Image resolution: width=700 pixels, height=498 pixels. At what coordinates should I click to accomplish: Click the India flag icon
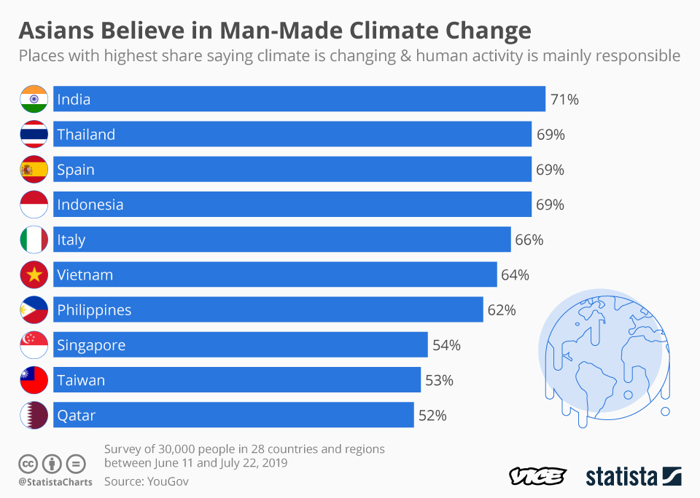(x=34, y=99)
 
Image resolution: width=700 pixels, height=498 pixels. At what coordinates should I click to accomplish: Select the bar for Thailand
(x=292, y=134)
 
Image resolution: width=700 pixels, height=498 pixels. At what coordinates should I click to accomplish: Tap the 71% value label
(x=564, y=100)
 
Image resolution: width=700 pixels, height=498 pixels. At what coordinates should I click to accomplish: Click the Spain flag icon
(x=34, y=170)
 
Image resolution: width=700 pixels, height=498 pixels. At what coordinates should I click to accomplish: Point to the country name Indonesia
(x=90, y=205)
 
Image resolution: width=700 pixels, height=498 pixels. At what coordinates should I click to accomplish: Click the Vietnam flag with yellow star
(x=34, y=274)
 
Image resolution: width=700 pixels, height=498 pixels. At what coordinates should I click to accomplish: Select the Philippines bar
(x=268, y=309)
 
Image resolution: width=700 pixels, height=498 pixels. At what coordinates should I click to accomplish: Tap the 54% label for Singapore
(x=446, y=345)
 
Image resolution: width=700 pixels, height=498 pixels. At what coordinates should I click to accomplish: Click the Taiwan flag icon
(x=34, y=380)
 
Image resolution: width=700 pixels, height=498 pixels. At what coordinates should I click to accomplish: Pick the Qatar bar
(x=233, y=415)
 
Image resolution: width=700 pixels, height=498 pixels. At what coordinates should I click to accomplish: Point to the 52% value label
(x=432, y=416)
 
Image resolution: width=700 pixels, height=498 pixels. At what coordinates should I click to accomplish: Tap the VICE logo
(x=537, y=477)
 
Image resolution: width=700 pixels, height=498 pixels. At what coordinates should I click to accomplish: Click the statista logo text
(x=621, y=477)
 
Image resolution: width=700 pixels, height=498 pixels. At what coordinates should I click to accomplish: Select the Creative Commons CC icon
(x=28, y=463)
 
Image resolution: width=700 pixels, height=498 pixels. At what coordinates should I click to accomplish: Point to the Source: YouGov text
(x=147, y=481)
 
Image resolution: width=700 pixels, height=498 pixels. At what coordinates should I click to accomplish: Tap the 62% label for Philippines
(x=502, y=310)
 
